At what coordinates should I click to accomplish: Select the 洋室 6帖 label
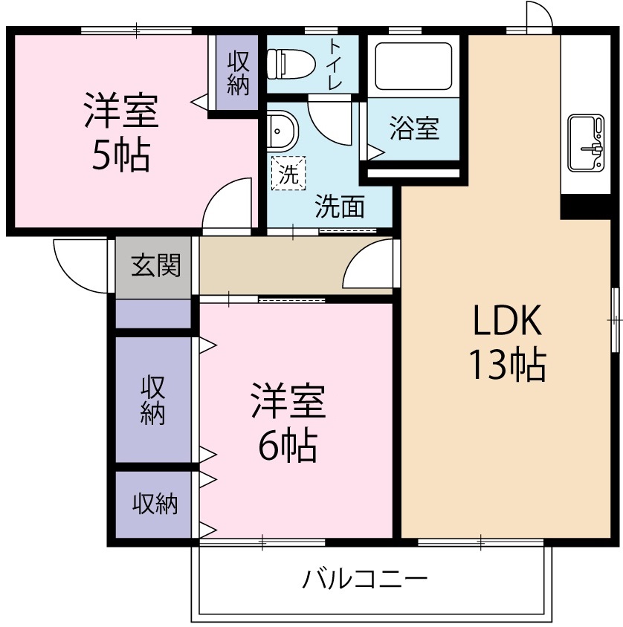tap(287, 423)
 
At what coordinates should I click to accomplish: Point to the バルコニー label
tap(364, 579)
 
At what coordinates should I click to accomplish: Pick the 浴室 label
tap(414, 129)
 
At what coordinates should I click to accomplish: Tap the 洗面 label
tap(339, 207)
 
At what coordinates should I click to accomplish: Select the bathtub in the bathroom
tap(413, 67)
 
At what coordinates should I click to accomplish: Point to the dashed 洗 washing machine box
tap(288, 175)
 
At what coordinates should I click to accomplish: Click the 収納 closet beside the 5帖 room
tap(238, 73)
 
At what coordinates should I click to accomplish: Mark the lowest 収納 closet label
tap(155, 504)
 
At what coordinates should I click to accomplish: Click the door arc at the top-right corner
tap(538, 15)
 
